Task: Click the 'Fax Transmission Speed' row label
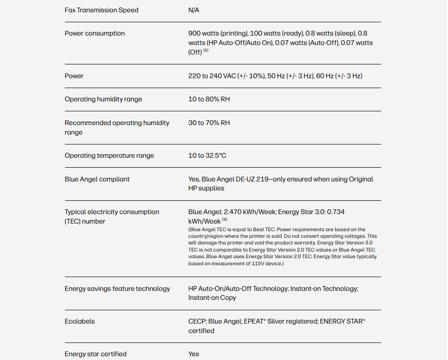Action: pos(101,10)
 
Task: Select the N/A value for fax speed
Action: pos(193,10)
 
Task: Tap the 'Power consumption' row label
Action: pos(95,33)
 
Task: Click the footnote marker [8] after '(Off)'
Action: pos(206,51)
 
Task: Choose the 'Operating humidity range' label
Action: pos(103,99)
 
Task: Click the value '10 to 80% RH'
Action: pos(209,99)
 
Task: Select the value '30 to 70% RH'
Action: pos(209,123)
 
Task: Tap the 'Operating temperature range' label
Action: pos(110,155)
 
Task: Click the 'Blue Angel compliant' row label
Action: pos(97,179)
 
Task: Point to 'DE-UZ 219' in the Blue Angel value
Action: pos(250,179)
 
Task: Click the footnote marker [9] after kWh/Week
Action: pos(225,220)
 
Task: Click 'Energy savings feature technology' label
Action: pos(118,288)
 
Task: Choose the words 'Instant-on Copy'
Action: pos(212,297)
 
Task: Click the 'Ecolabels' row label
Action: pos(80,321)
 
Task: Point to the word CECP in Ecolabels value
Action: pos(197,321)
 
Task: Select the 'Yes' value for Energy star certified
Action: pos(193,354)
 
